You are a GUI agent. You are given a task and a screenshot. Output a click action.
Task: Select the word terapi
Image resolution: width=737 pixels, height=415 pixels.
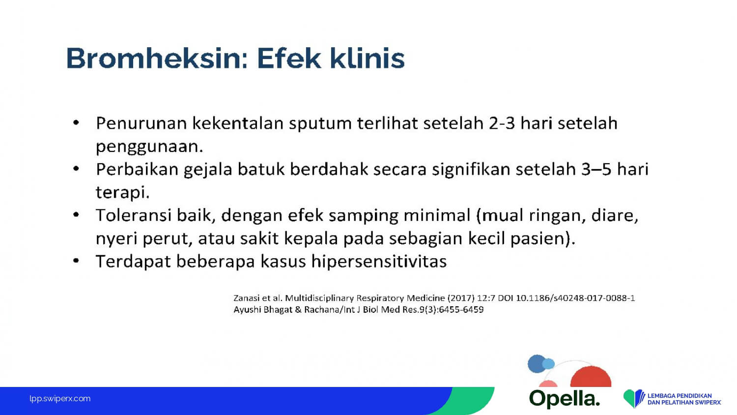coord(123,193)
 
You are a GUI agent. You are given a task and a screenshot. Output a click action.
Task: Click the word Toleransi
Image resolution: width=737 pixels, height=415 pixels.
coord(134,215)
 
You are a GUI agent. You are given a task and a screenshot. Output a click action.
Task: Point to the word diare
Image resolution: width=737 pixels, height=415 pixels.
coord(615,216)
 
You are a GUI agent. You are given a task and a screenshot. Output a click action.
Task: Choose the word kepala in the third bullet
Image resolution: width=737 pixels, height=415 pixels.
coord(311,239)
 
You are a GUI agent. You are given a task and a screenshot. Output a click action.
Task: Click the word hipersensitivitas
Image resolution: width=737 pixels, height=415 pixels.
coord(379,262)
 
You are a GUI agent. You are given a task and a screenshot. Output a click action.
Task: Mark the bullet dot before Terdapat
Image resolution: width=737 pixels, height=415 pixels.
coord(76,261)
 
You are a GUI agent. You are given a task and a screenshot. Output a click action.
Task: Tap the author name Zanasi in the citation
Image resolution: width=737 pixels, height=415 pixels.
coord(244,298)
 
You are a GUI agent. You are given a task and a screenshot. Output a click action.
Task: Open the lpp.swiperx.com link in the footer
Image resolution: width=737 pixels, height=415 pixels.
coord(60,399)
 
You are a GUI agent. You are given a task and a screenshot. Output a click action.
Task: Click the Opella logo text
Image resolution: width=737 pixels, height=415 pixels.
coord(565,399)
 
